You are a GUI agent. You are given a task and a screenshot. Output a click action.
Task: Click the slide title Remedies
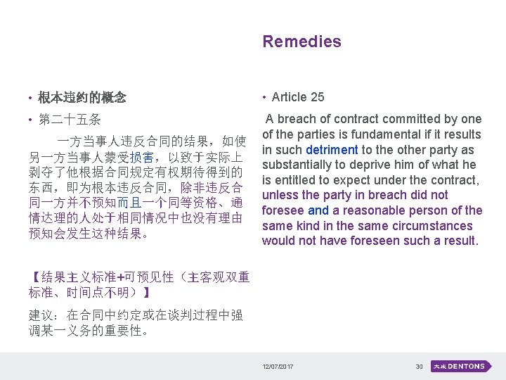[x=301, y=42]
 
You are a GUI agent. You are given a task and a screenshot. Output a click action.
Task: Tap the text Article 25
[x=298, y=97]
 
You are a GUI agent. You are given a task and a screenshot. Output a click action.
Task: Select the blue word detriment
[x=332, y=150]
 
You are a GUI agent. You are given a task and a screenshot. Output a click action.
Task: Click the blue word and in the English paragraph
[x=318, y=210]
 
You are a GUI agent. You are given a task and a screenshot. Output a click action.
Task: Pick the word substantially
[x=300, y=165]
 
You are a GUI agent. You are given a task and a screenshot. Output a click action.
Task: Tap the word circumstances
[x=415, y=226]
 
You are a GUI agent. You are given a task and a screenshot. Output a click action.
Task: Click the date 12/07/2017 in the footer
[x=278, y=367]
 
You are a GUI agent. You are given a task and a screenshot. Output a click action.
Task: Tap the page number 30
[x=419, y=367]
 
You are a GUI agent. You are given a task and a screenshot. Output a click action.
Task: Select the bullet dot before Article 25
[x=264, y=98]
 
